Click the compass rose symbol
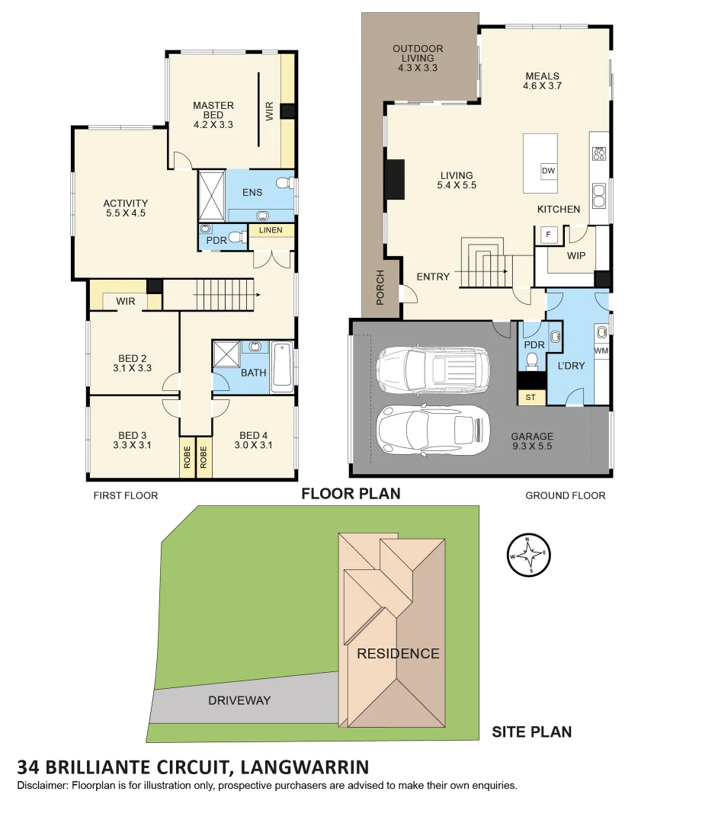(528, 556)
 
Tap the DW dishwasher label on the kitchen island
(548, 171)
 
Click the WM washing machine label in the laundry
(601, 351)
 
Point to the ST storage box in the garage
(530, 397)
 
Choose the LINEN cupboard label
(271, 230)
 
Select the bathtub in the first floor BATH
(282, 366)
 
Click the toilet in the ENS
(285, 184)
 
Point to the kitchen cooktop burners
(599, 153)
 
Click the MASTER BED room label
(213, 115)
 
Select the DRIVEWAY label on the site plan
(239, 700)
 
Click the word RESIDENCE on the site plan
(398, 653)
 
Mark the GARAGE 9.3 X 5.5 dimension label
(533, 443)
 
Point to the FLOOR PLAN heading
(351, 494)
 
